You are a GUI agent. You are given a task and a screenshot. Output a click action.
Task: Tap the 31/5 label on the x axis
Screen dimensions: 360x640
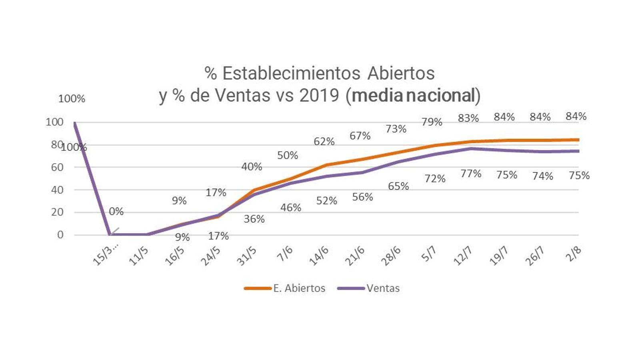246,256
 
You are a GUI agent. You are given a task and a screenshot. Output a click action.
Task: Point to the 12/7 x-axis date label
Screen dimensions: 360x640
463,256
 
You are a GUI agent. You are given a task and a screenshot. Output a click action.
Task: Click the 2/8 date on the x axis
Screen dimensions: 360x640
573,254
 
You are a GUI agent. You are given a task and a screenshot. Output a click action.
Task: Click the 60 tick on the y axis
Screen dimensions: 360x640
57,167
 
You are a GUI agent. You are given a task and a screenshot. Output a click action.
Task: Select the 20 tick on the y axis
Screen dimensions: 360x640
57,212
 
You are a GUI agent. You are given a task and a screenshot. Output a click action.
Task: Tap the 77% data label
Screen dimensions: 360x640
471,174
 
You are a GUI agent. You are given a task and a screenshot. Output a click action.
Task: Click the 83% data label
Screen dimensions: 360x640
468,118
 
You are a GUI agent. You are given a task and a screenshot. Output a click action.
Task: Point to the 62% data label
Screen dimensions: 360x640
324,142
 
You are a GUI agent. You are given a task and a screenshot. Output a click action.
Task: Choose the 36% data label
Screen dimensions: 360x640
254,219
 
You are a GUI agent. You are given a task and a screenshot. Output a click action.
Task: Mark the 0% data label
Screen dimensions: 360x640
116,212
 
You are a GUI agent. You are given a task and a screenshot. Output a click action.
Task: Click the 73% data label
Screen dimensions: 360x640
396,129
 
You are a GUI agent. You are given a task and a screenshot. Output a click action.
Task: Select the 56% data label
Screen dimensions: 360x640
362,197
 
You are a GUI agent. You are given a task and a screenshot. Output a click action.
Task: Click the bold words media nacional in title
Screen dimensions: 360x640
413,95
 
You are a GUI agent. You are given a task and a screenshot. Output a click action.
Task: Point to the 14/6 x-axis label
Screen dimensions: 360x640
319,256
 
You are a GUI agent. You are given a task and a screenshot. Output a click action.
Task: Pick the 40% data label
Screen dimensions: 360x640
252,167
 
